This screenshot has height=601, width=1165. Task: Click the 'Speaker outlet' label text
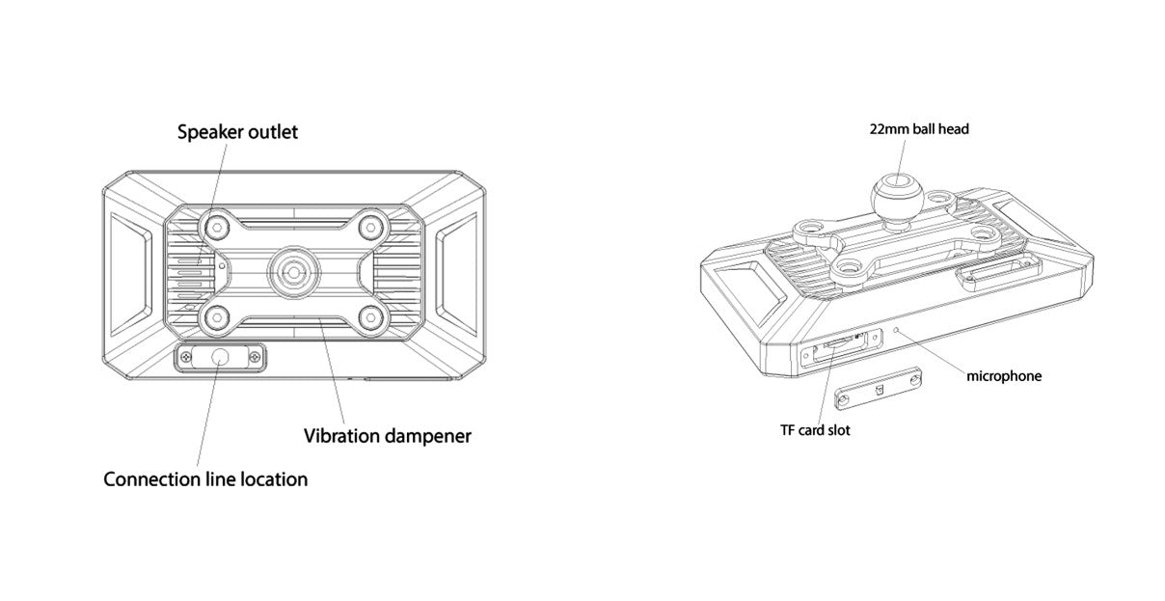pos(237,132)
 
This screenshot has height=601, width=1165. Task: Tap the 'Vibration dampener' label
pos(388,436)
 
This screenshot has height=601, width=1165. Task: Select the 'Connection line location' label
pos(205,479)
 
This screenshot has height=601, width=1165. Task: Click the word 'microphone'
pos(1004,376)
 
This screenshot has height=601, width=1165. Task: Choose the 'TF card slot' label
pos(815,430)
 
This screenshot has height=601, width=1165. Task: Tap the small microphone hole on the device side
pos(899,329)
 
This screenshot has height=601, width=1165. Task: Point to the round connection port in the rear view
pos(220,358)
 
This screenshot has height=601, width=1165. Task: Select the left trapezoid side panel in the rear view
pos(127,271)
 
